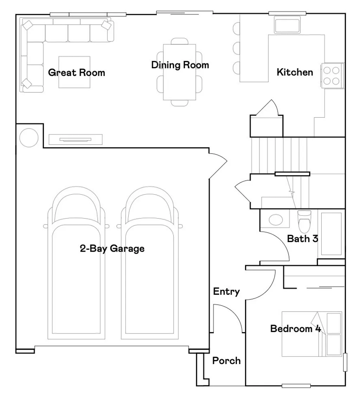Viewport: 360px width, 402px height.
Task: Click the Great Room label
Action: (x=76, y=73)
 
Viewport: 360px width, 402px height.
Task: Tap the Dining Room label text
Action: (x=180, y=65)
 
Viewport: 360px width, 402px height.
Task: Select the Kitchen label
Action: (x=295, y=72)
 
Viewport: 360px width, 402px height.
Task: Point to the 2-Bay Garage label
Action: (x=112, y=249)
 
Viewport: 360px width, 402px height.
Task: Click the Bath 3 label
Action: (x=302, y=239)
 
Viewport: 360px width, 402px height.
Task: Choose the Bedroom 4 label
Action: (x=295, y=329)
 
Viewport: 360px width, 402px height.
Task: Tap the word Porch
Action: (x=226, y=361)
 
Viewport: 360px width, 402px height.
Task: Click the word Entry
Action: (x=226, y=292)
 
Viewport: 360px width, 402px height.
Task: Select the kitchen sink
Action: (x=287, y=26)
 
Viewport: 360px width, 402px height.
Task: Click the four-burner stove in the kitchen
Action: (x=332, y=75)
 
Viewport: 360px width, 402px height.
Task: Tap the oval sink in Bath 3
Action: (x=276, y=220)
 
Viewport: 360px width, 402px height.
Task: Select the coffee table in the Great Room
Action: (x=74, y=72)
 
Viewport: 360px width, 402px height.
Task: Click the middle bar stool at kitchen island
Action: (x=236, y=47)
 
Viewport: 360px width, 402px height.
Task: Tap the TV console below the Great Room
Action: (x=75, y=140)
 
